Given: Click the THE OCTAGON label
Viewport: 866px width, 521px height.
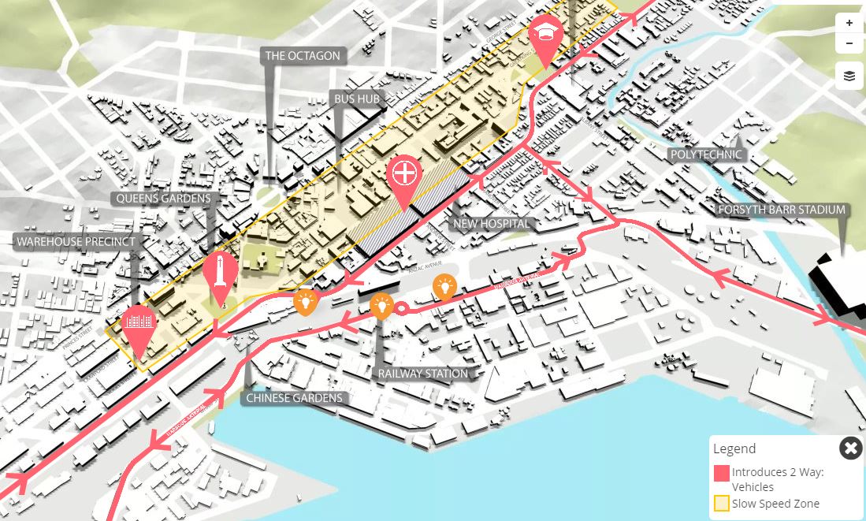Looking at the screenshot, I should pos(303,56).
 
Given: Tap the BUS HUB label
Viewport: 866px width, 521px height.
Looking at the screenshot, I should pos(357,99).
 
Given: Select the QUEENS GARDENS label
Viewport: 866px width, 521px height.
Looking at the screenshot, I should pos(163,199).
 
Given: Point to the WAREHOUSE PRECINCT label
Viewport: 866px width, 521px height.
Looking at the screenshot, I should pos(76,241).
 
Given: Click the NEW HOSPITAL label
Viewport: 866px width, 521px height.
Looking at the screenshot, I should pos(491,224).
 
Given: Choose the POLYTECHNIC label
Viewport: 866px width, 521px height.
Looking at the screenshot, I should pos(706,154).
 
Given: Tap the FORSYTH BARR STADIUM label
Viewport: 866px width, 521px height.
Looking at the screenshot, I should pos(781,210).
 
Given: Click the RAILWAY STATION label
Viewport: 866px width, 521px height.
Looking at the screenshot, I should pos(422,374).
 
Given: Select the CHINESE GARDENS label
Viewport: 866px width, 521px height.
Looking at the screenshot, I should pos(294,398).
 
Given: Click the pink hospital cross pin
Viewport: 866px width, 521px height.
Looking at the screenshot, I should pos(404,174).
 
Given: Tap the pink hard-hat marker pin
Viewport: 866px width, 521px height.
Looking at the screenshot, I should pos(545,34).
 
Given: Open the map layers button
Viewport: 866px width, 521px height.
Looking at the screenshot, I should pos(849,76).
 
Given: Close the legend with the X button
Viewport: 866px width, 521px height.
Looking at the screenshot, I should pos(850,448).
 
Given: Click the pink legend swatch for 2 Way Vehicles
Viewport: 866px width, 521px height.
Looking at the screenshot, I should pos(721,473).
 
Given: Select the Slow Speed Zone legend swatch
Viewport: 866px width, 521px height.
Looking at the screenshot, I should pos(721,504).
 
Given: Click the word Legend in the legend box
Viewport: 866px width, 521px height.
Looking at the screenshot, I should pos(734,448).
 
